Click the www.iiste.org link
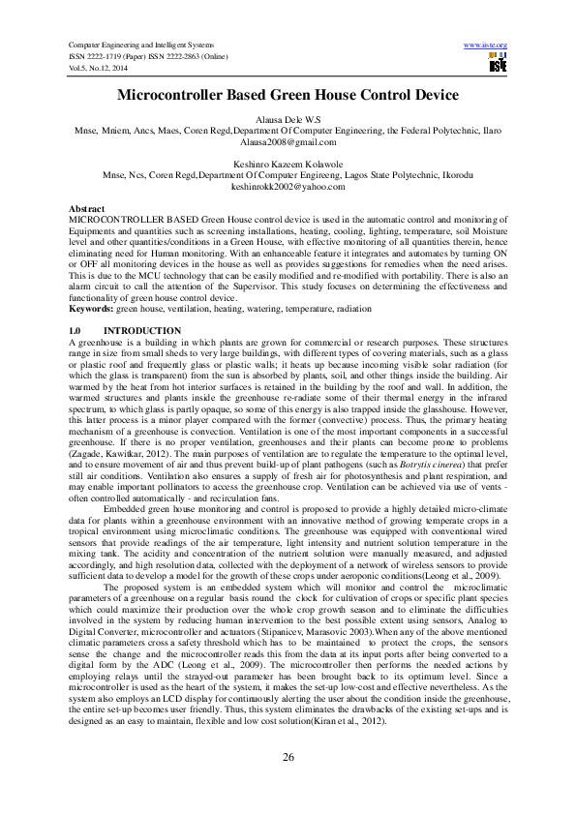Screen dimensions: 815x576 (x=486, y=45)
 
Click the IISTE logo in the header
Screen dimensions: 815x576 (x=499, y=64)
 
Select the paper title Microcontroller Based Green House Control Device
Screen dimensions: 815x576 (x=288, y=95)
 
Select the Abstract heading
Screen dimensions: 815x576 (x=88, y=209)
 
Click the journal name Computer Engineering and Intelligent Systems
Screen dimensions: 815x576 (x=139, y=45)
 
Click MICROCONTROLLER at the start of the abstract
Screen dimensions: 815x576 (x=108, y=220)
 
